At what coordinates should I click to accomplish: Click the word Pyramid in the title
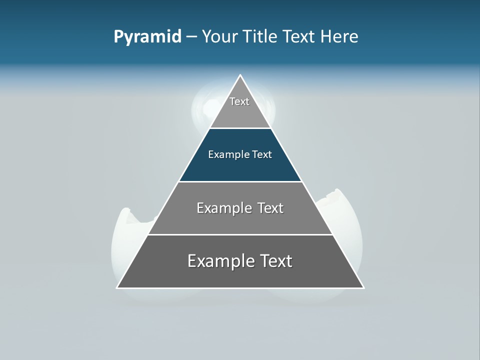point(147,37)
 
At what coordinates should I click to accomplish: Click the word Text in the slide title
point(299,37)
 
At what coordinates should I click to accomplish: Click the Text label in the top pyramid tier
point(239,101)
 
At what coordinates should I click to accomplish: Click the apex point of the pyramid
point(240,76)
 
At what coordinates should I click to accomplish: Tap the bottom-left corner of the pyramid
point(117,287)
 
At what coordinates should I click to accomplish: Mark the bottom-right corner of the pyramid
point(363,287)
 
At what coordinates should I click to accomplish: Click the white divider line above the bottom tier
point(240,234)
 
